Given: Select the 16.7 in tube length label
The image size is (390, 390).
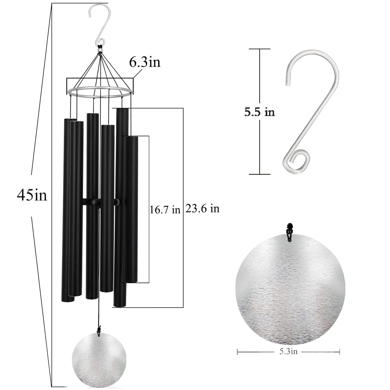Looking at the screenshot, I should [x=165, y=210].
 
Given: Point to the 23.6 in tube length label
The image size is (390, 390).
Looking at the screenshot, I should [x=202, y=208].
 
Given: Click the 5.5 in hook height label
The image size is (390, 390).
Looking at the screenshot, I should [x=260, y=112].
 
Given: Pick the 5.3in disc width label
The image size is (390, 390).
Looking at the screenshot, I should [x=288, y=351].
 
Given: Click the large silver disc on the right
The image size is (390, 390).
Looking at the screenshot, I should [x=290, y=289].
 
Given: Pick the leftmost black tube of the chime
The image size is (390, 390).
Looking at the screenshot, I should [x=65, y=211].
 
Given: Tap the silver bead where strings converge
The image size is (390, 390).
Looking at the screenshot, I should [x=100, y=51].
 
